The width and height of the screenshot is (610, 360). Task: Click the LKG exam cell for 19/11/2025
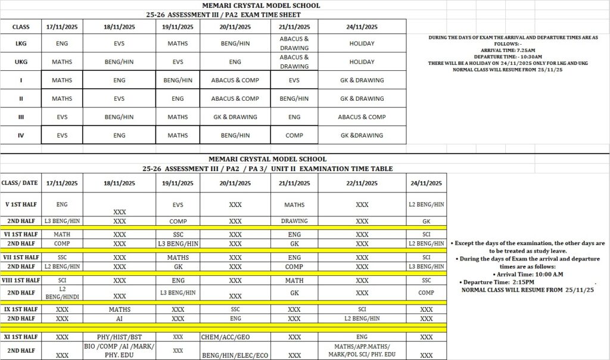coord(178,44)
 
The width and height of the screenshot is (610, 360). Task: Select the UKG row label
coord(20,62)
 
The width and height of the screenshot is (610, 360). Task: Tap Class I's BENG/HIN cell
coord(178,80)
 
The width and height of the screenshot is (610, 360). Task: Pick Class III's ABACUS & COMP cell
coord(362,117)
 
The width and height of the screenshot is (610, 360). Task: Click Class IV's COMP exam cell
coord(294,136)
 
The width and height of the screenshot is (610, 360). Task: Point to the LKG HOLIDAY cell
coord(362,44)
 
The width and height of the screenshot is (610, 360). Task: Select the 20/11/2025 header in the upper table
coord(235,27)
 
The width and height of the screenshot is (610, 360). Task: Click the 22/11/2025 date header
coord(362,184)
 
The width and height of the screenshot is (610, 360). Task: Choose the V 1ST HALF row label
coord(20,204)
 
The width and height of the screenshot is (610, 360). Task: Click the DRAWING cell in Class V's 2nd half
coord(294,221)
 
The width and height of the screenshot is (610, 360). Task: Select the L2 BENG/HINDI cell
coord(62,292)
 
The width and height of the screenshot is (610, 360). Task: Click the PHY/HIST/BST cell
coord(120,337)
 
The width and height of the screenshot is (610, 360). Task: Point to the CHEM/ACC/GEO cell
coord(235,337)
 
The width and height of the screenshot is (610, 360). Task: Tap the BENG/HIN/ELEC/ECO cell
coord(235,356)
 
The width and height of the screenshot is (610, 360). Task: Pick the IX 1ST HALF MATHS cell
coord(120,310)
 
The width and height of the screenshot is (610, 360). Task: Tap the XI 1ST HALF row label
coord(20,337)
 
